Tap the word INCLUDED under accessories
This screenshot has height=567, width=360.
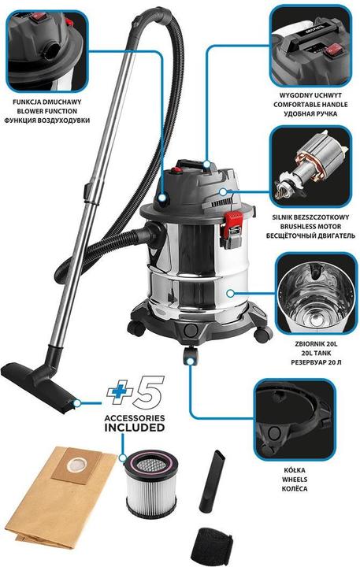(134, 428)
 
